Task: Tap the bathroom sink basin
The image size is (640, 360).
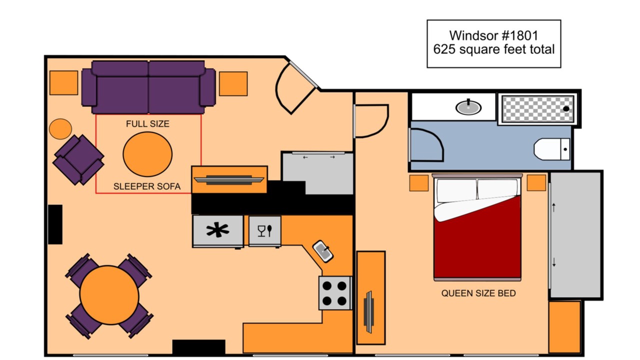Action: click(468, 107)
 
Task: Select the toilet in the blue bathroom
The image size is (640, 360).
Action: click(552, 149)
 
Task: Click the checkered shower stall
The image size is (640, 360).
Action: click(537, 109)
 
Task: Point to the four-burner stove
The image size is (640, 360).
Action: click(335, 293)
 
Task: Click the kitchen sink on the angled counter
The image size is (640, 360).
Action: click(323, 251)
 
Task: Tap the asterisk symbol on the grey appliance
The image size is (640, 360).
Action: click(217, 230)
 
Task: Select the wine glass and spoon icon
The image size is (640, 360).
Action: click(265, 231)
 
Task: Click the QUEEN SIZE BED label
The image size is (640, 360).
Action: click(478, 293)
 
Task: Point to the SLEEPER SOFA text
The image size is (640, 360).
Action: click(147, 186)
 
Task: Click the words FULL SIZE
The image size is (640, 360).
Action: click(147, 123)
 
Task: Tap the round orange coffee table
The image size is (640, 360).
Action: click(147, 154)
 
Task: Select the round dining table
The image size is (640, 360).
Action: click(109, 295)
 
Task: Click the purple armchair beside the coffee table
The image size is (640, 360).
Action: click(78, 159)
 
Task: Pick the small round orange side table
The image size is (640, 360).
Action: click(60, 129)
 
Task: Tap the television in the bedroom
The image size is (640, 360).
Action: click(369, 312)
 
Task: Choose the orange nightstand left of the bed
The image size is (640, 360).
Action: click(419, 183)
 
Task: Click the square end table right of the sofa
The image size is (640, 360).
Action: click(233, 83)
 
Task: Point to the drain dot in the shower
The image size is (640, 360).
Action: click(566, 109)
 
